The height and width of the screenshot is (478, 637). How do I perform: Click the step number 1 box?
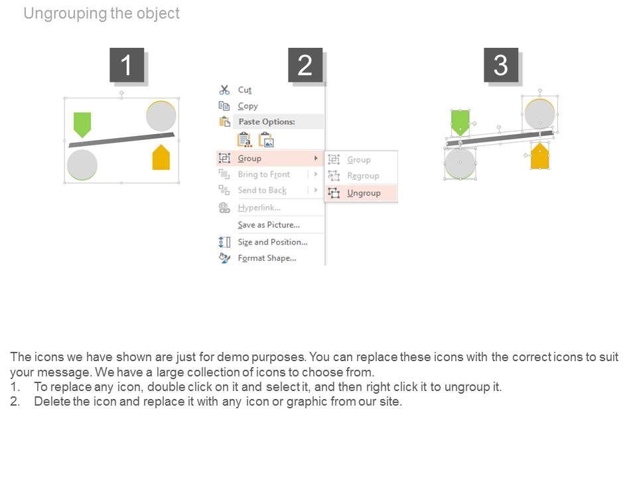(x=126, y=65)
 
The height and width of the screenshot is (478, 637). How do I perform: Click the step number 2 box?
(x=305, y=65)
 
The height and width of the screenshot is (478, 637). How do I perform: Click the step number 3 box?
(x=500, y=65)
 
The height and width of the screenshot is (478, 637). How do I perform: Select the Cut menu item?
(x=245, y=90)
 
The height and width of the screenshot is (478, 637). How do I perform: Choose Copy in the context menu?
(x=248, y=106)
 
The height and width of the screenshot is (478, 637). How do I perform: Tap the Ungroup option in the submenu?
(x=364, y=193)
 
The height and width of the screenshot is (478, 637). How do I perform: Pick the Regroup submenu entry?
(x=363, y=176)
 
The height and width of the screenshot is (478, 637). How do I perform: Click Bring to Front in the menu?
(x=263, y=175)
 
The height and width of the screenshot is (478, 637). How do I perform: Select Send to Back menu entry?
(x=262, y=191)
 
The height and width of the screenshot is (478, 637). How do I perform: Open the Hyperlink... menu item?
(x=259, y=208)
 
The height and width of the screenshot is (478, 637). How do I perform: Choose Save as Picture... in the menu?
(x=269, y=225)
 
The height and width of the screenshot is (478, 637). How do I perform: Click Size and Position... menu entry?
(x=273, y=242)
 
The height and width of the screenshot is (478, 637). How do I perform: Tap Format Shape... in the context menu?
(x=267, y=258)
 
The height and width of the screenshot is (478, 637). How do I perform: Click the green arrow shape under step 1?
(x=82, y=123)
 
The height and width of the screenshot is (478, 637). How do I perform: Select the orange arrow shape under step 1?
(x=161, y=158)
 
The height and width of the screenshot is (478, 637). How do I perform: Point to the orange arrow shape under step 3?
(x=539, y=157)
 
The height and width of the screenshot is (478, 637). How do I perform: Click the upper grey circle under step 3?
(x=539, y=113)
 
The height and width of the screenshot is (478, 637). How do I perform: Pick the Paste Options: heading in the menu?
(x=266, y=122)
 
